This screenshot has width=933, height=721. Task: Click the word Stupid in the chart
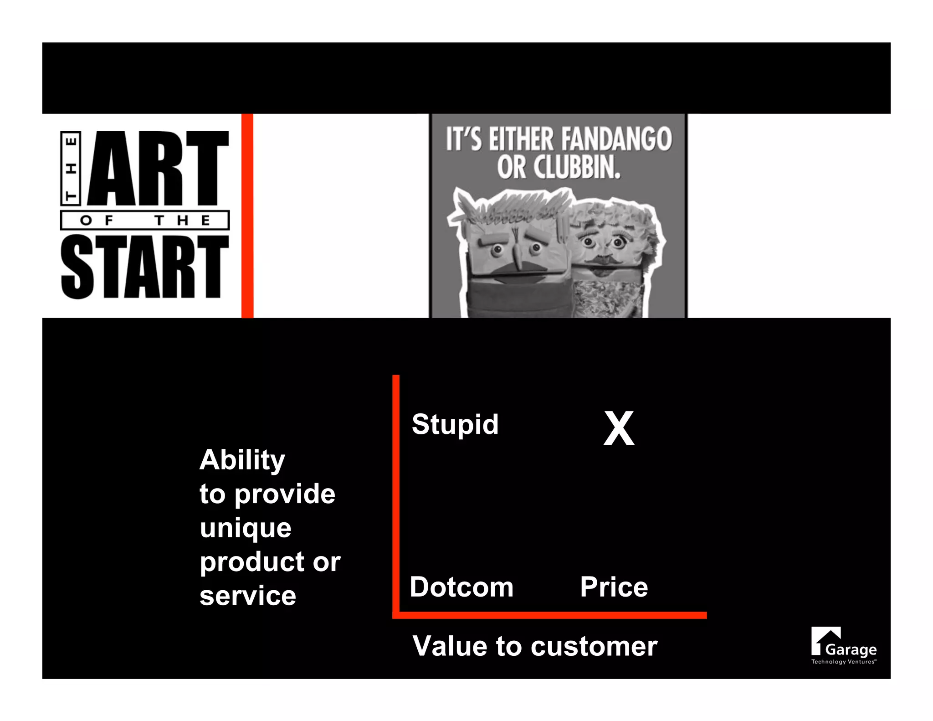(x=455, y=425)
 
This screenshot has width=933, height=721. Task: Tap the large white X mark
(x=619, y=428)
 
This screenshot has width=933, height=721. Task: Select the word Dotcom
(x=461, y=587)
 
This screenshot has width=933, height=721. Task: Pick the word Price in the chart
(x=614, y=587)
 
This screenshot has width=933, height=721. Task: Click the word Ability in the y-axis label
(x=242, y=460)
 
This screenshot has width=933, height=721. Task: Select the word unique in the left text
(x=246, y=529)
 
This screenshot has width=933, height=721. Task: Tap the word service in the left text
(x=248, y=596)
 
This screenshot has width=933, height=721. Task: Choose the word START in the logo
(x=145, y=267)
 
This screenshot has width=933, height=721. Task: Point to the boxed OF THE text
(x=145, y=221)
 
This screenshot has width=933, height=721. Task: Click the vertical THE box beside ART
(x=71, y=168)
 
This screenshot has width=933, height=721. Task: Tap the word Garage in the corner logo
(x=851, y=649)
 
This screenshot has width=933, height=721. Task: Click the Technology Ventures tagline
(x=843, y=662)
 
